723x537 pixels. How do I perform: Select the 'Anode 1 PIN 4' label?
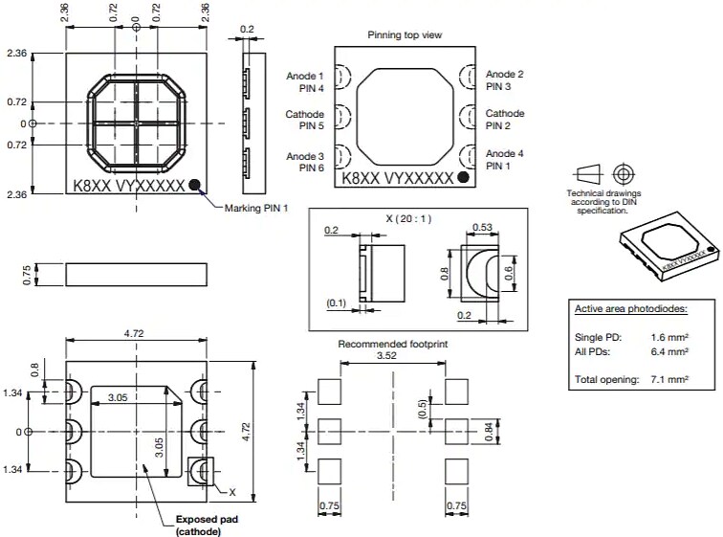[305, 80]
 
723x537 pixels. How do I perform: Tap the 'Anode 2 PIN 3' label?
[504, 80]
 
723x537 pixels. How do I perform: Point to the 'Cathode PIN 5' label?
[305, 120]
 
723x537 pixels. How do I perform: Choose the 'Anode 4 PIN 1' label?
[504, 160]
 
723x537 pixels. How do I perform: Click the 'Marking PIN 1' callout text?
[255, 208]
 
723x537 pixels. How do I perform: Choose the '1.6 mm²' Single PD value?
[669, 338]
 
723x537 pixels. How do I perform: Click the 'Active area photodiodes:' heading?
[630, 310]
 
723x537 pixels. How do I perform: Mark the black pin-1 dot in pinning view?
[464, 178]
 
